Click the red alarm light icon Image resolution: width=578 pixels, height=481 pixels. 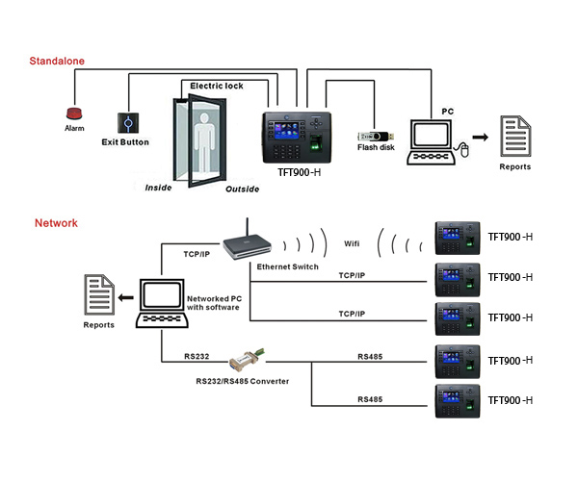click(74, 114)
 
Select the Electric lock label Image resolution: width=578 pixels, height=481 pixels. click(216, 86)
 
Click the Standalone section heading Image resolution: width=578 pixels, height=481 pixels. click(57, 61)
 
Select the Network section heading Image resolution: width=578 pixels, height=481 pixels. click(56, 223)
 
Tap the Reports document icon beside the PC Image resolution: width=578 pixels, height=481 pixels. click(514, 138)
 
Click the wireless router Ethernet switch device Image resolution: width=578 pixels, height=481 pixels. click(248, 246)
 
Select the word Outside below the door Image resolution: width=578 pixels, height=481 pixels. click(242, 190)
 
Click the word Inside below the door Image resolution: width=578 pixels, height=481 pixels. click(158, 188)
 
